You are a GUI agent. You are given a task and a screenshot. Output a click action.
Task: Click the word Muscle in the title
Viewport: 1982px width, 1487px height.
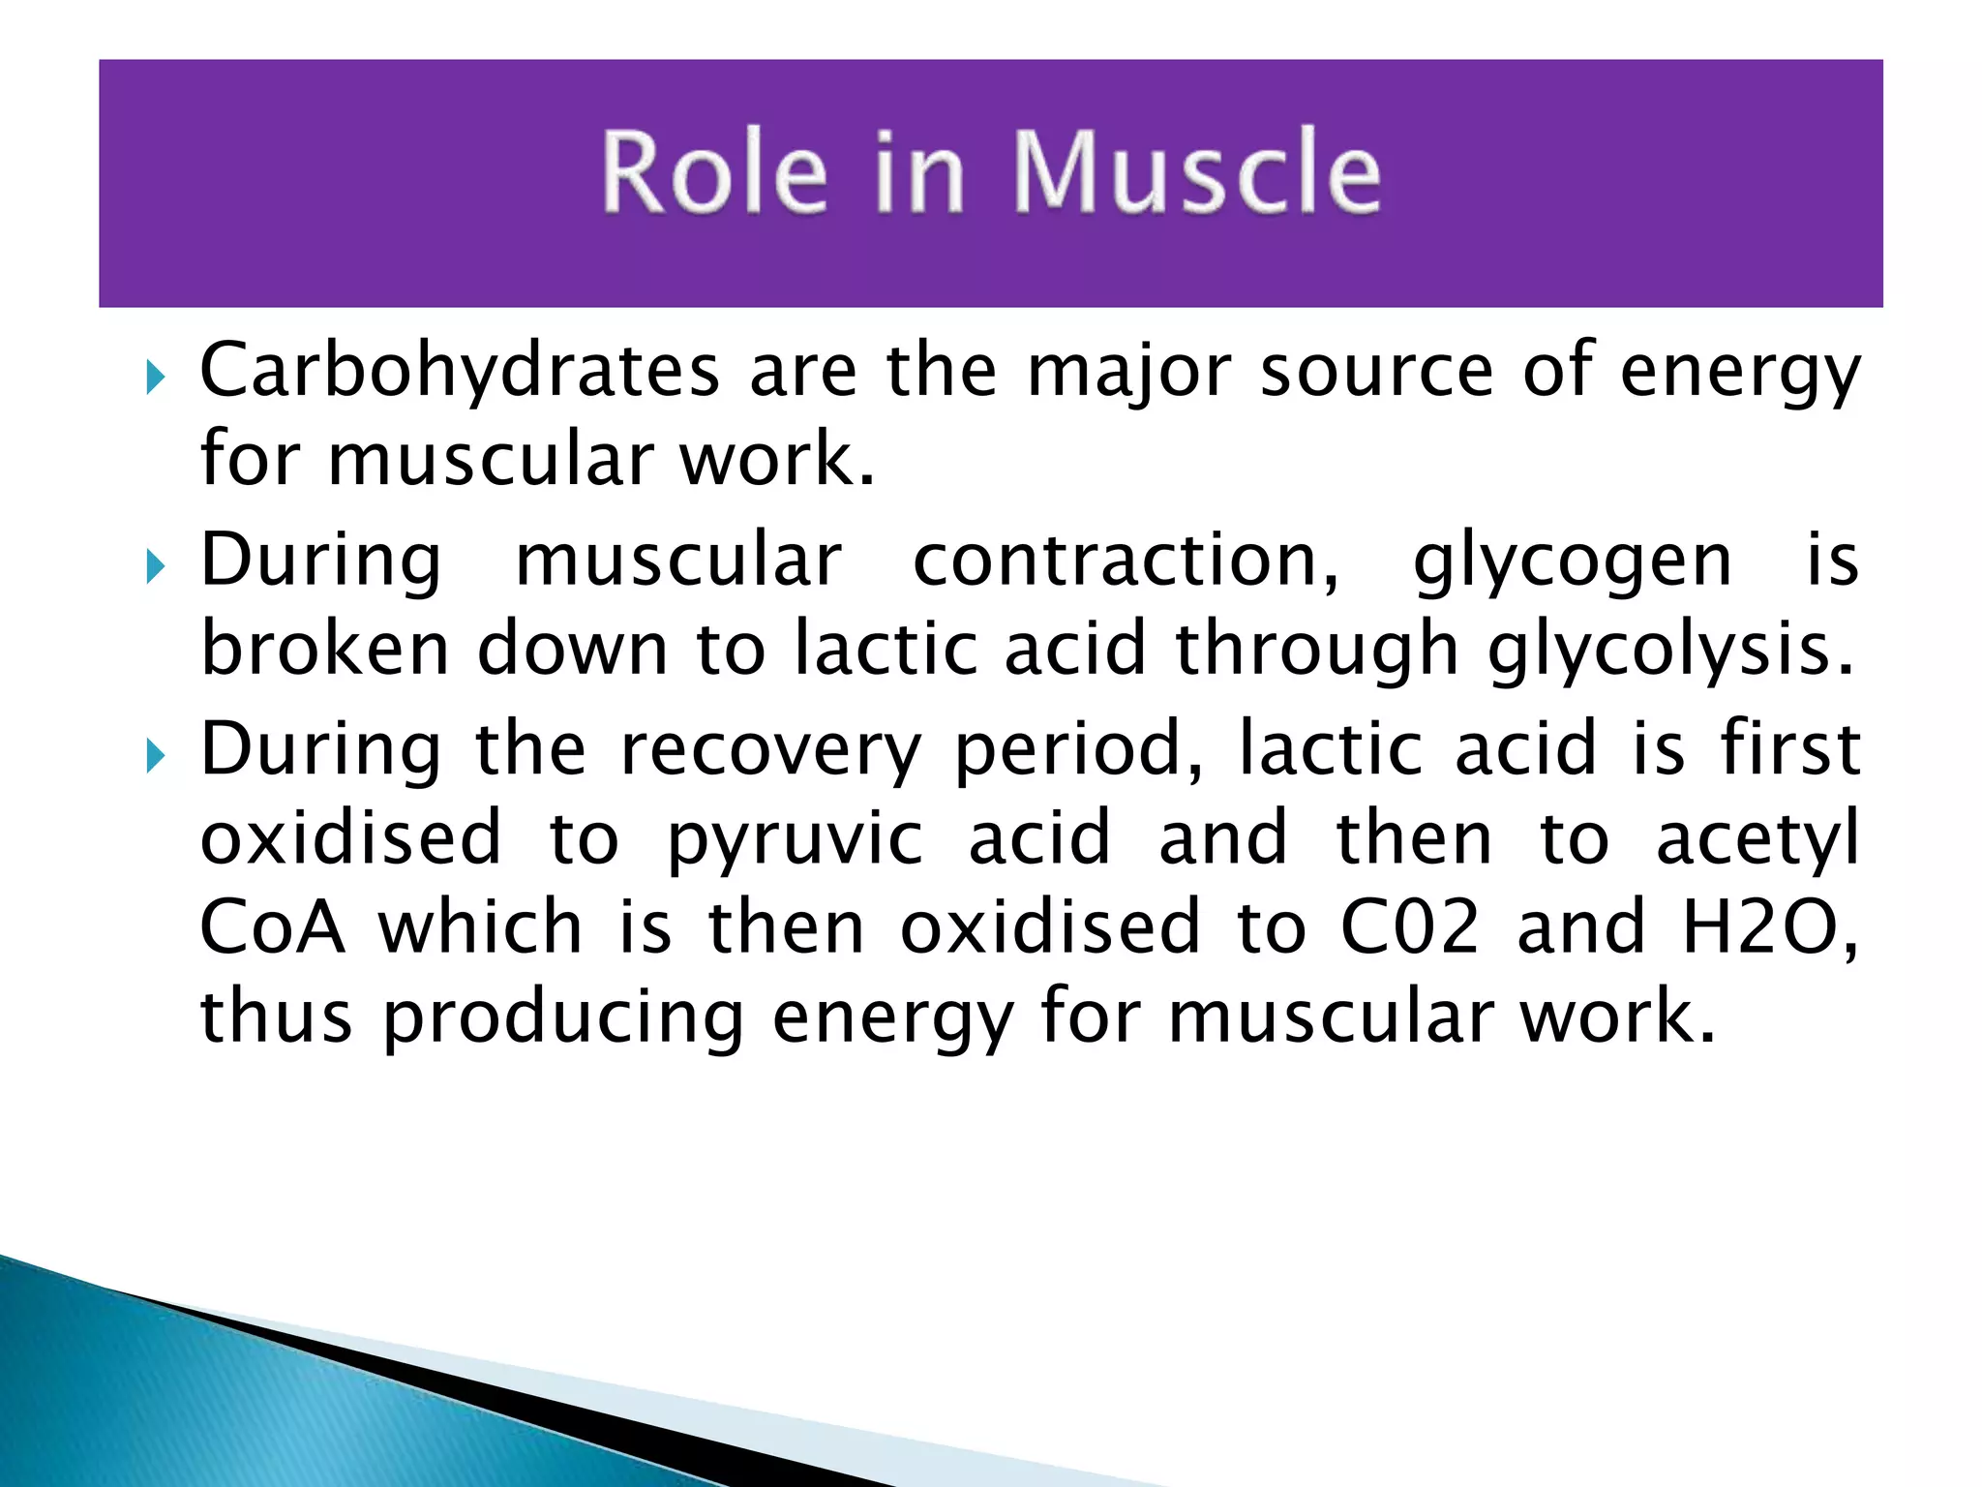[x=1196, y=172]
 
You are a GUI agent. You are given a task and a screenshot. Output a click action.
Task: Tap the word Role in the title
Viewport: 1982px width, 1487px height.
[x=714, y=172]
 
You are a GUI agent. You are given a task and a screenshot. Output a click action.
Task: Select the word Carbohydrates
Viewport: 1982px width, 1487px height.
[x=460, y=372]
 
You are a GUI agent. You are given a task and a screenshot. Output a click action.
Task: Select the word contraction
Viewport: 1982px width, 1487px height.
[x=1126, y=561]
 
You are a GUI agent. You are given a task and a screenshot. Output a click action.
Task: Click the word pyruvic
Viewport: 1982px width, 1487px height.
[x=795, y=840]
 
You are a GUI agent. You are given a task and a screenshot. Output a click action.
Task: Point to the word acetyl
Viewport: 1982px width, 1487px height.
[x=1757, y=840]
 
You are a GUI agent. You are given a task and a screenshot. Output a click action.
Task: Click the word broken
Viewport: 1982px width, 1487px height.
[x=325, y=651]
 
